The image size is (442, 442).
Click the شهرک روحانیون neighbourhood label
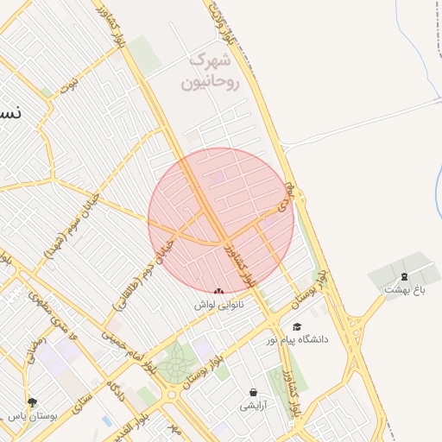207,72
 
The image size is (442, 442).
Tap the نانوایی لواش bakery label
218,305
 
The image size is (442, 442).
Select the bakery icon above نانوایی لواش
218,292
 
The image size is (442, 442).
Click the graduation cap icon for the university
298,327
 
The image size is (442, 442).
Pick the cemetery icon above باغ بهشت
403,276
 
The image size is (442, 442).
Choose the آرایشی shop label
253,404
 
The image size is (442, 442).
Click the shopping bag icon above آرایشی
253,392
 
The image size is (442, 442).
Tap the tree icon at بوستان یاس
33,402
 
